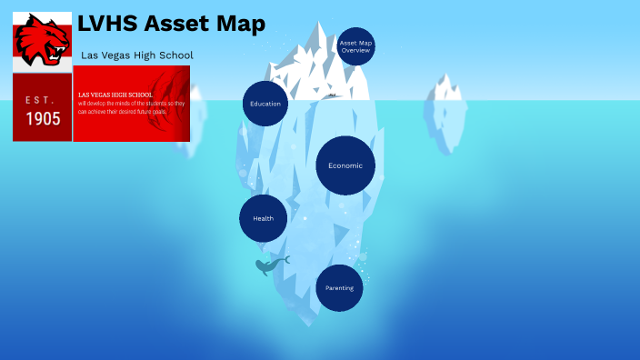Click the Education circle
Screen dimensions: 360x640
(265, 104)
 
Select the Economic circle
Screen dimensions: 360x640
(345, 165)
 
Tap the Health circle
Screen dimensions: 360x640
(264, 218)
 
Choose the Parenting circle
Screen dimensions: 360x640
(339, 288)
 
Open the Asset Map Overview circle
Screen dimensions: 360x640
(355, 46)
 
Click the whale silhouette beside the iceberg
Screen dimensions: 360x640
(270, 265)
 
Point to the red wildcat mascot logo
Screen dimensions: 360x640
(42, 40)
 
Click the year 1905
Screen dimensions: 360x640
(43, 119)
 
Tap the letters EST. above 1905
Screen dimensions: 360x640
(41, 99)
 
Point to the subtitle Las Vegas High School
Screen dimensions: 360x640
(137, 55)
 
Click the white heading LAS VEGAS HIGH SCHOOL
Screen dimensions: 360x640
(115, 95)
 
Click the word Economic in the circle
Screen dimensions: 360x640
(345, 165)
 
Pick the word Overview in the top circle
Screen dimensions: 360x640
(355, 51)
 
